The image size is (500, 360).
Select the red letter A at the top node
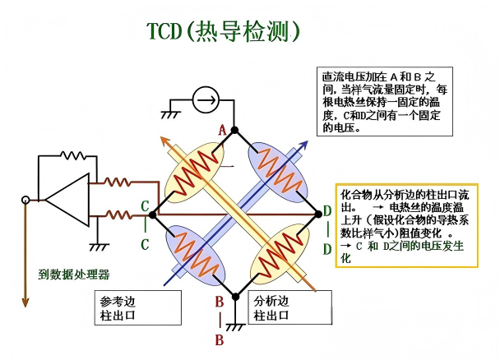[222, 129]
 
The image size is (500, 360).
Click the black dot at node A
[234, 130]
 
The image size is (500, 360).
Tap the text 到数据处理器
[74, 274]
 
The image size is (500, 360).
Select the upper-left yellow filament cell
[195, 170]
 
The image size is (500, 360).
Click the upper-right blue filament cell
[275, 170]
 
